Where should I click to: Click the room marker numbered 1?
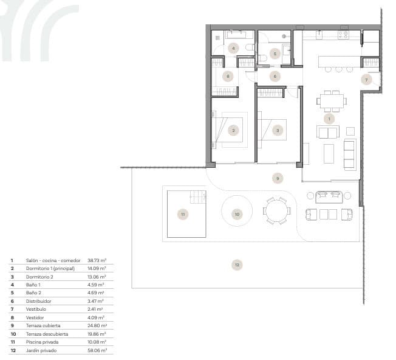(x=329, y=119)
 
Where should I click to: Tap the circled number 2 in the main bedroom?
(x=233, y=130)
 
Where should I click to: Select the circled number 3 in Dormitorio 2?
(x=278, y=130)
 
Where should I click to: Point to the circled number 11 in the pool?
(x=182, y=213)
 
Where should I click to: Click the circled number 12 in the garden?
(x=237, y=264)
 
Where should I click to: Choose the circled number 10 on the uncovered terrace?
(x=237, y=214)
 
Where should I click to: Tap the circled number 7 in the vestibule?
(x=366, y=80)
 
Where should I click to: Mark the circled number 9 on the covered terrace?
(x=278, y=178)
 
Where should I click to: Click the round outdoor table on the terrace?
(x=276, y=211)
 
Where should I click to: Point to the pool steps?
(x=198, y=196)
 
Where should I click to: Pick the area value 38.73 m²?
(x=97, y=260)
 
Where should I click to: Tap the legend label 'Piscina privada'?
(x=42, y=342)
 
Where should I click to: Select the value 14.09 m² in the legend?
(x=97, y=268)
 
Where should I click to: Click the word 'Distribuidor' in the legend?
(x=38, y=301)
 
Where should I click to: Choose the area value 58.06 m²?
(x=97, y=350)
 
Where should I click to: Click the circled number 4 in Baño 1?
(x=233, y=47)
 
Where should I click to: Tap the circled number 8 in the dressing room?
(x=228, y=76)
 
